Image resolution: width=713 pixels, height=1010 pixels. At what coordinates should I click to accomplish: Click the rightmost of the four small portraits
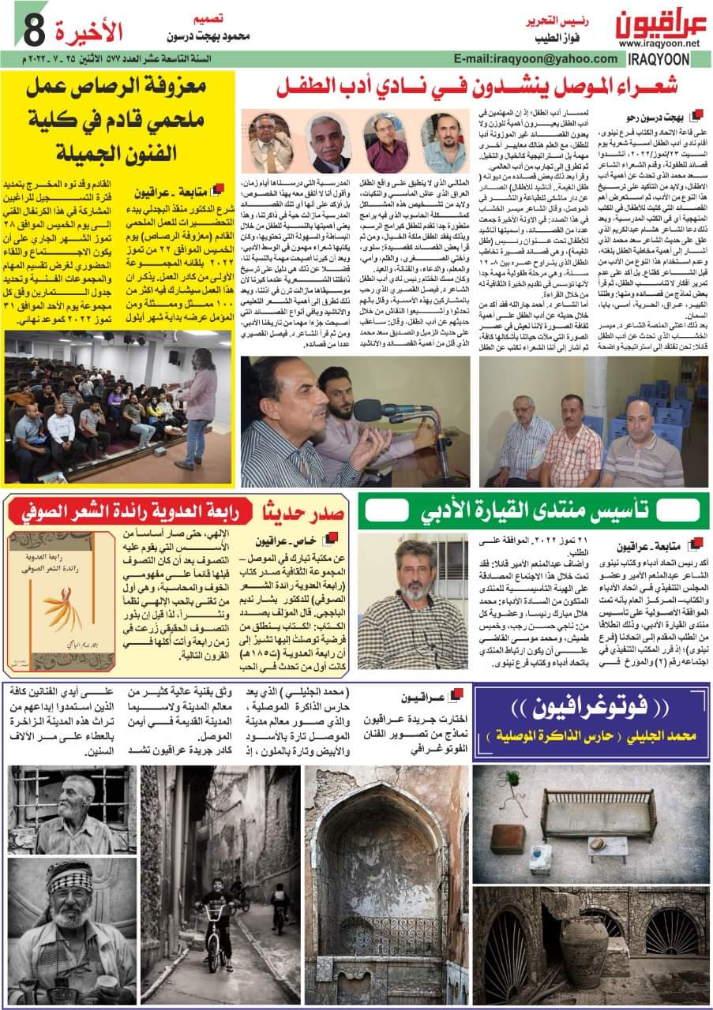tap(444, 143)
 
